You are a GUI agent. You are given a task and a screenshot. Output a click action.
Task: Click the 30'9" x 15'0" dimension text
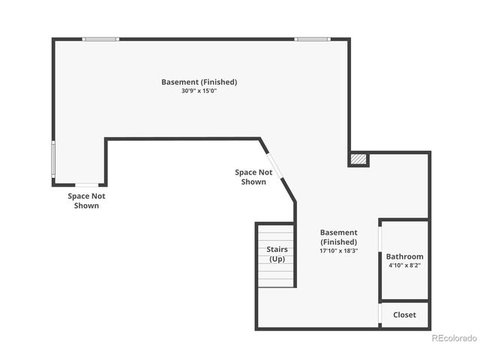coord(199,91)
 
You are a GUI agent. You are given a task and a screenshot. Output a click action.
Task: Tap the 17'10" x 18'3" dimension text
coord(339,251)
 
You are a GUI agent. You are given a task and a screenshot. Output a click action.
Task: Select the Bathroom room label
coord(405,256)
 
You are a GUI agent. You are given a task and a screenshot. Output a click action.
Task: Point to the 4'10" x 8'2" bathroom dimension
coord(405,265)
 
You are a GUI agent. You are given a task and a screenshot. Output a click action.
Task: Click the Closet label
coord(405,315)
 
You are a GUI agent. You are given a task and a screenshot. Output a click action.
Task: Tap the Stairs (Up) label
coord(277,254)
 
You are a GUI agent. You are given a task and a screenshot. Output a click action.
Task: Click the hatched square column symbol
coord(359,159)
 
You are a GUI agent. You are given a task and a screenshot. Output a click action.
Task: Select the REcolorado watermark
coord(454,338)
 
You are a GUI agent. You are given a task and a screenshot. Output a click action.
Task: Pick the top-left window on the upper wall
coord(100,39)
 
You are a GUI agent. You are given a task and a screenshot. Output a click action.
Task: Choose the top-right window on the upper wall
coord(311,39)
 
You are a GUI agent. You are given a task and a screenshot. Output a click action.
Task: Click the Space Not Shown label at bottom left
coord(87,200)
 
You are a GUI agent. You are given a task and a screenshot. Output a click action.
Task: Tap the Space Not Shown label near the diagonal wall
coord(253,177)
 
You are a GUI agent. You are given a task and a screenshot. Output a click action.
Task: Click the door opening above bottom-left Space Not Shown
coord(87,184)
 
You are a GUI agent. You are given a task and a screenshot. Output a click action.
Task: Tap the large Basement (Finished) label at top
coord(199,82)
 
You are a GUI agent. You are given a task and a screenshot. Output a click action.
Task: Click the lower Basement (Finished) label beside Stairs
coord(339,237)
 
